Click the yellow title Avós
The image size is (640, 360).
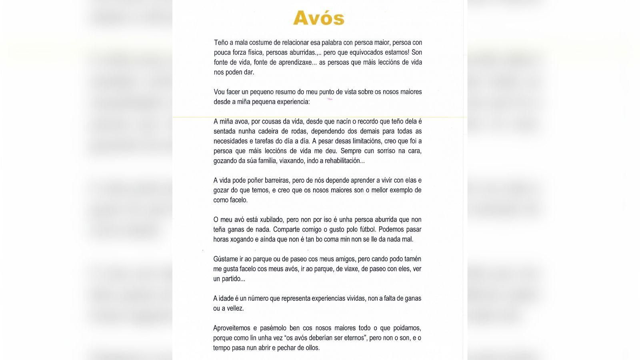pos(318,18)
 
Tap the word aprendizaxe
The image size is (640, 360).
pos(286,62)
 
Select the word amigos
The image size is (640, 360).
pos(344,259)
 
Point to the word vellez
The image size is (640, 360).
pos(236,308)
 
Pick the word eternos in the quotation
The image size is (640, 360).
pos(353,338)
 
